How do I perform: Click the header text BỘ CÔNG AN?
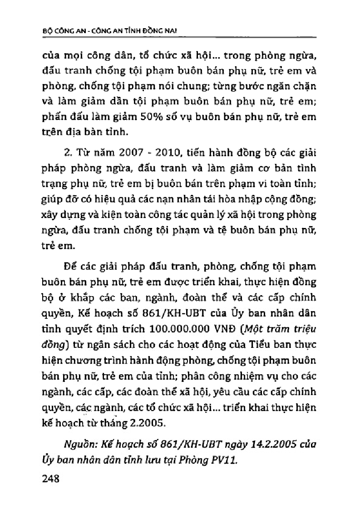pos(52,30)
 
